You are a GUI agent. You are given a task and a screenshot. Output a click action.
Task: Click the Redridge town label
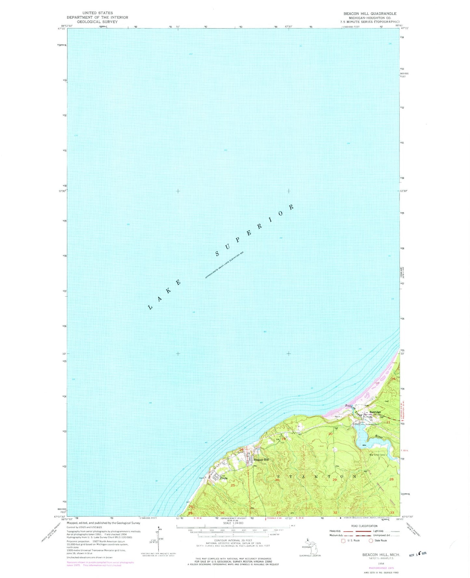click(375, 412)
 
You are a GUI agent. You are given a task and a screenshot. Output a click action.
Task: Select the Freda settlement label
click(224, 478)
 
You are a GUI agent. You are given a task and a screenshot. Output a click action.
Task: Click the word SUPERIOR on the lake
click(255, 230)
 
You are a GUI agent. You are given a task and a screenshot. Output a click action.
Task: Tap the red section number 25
click(233, 485)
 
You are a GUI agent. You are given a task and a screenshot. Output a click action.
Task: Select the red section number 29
click(335, 480)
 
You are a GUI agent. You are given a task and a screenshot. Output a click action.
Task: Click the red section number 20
click(330, 434)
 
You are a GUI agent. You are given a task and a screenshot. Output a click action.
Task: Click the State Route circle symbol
click(371, 541)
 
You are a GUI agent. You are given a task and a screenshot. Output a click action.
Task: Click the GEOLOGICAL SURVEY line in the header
click(97, 22)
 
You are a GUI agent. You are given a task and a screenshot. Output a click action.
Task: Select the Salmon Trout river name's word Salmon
click(350, 407)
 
